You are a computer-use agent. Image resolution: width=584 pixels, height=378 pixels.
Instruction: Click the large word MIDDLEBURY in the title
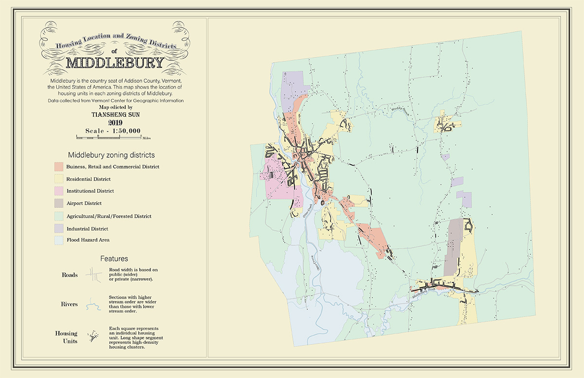(x=114, y=63)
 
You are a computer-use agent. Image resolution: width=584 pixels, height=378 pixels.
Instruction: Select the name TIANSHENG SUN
(x=115, y=114)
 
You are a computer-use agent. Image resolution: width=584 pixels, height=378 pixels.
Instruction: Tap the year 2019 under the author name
(x=115, y=123)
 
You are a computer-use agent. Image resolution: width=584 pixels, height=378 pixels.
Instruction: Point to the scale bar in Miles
(x=109, y=138)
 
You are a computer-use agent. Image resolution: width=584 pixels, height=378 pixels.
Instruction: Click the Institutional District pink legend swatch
(x=58, y=191)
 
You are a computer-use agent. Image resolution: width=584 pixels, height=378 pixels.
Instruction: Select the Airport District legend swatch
(x=58, y=204)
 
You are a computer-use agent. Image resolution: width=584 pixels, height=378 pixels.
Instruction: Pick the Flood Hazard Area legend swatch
(x=58, y=240)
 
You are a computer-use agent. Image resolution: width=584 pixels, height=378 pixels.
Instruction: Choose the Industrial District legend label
(x=87, y=228)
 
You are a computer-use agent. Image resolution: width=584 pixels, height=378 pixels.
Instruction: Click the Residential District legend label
(x=88, y=179)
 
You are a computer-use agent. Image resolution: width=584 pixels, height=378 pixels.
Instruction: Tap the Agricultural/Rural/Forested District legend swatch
(x=58, y=216)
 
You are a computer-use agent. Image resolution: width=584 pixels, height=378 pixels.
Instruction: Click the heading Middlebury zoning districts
(x=111, y=155)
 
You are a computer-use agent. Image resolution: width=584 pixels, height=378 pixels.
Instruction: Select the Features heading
(x=114, y=259)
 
